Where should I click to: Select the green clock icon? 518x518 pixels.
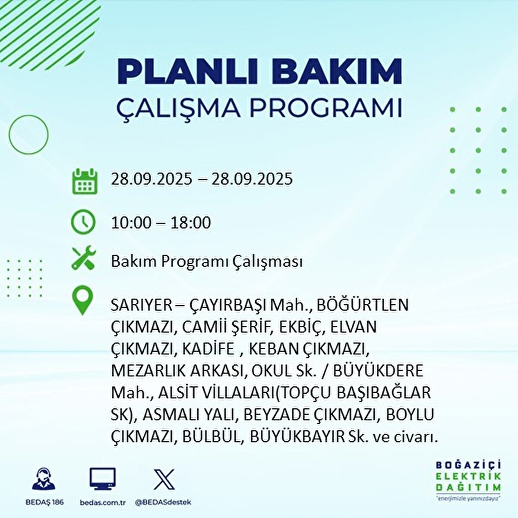[x=83, y=222]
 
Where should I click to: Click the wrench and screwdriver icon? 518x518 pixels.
[x=84, y=259]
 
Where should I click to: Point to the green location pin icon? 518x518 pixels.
[x=82, y=301]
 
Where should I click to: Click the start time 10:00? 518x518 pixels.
[x=131, y=223]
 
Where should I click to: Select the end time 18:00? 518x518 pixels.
[x=190, y=223]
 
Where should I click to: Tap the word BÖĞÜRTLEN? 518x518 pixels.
[x=362, y=305]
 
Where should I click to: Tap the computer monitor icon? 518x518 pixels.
[x=102, y=479]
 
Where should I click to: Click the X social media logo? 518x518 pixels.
[x=164, y=479]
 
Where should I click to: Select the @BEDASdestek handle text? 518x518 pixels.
[x=163, y=502]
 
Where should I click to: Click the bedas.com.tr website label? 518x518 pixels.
[x=102, y=502]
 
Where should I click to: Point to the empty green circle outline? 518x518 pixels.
[x=28, y=135]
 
